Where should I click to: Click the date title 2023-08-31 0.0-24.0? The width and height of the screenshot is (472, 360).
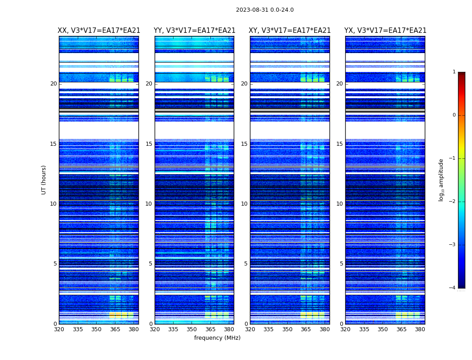[265, 10]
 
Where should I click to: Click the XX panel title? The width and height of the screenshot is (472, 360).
[99, 31]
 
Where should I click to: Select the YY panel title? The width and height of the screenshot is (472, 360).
[195, 31]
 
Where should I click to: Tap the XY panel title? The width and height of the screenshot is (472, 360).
[290, 31]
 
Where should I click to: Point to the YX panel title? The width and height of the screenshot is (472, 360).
[385, 31]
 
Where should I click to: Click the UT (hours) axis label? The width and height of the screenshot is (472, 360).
[44, 180]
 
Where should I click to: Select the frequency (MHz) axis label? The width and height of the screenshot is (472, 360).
[217, 338]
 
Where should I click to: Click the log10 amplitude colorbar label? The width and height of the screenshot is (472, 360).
[441, 180]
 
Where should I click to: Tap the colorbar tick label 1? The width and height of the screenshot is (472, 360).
[454, 72]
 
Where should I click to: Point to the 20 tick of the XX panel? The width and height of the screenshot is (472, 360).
[53, 84]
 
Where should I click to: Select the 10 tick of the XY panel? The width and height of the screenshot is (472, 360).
[244, 204]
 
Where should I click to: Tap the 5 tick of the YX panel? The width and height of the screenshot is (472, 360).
[341, 264]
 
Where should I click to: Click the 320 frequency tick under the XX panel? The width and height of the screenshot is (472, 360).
[59, 329]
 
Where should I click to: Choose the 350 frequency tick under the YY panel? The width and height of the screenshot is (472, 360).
[192, 329]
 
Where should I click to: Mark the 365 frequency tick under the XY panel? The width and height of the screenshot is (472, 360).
[306, 329]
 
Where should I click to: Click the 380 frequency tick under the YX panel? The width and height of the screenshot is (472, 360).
[420, 329]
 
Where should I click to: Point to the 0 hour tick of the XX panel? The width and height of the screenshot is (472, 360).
[55, 324]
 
